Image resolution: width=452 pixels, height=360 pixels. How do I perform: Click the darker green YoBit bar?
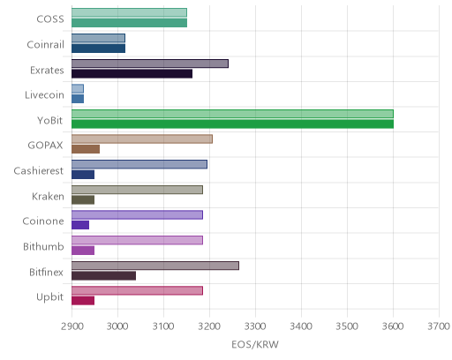(x=232, y=124)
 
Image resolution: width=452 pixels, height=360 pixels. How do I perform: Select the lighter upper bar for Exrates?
(x=150, y=64)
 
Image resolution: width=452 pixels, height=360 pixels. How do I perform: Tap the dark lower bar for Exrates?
(x=132, y=74)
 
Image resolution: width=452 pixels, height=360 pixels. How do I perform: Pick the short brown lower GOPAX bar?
(x=86, y=149)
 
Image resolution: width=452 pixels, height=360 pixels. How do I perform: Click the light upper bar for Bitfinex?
(x=155, y=266)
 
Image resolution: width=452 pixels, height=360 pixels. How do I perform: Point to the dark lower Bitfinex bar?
(x=103, y=276)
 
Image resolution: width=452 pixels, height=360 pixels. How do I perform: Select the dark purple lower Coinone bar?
(x=80, y=225)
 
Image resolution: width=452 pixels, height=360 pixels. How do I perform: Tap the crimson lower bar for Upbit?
(x=83, y=301)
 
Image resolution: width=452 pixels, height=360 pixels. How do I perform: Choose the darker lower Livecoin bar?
(x=78, y=99)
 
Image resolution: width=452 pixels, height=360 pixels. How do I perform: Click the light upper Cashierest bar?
(x=139, y=164)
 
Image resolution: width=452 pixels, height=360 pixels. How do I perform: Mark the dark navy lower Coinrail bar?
(x=98, y=49)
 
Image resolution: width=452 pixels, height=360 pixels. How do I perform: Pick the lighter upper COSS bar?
(x=129, y=12)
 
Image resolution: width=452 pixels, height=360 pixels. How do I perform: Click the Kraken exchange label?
(x=48, y=196)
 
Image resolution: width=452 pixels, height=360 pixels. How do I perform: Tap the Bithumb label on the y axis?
(x=43, y=246)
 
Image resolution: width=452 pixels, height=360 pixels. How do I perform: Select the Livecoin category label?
(x=44, y=95)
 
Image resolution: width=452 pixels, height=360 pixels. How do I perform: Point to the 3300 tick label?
(x=255, y=326)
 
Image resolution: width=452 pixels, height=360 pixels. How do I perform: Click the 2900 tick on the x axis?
(x=72, y=326)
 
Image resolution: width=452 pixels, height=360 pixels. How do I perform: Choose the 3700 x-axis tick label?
(x=439, y=326)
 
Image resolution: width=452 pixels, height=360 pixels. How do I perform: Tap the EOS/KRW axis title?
(x=255, y=344)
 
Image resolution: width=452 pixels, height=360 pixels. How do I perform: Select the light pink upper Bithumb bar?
(x=137, y=240)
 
